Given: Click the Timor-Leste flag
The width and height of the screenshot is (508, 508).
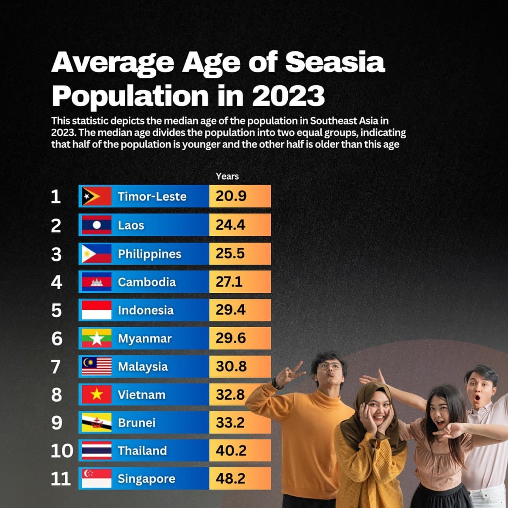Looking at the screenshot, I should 97,196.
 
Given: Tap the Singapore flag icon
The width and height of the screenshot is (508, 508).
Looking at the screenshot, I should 97,478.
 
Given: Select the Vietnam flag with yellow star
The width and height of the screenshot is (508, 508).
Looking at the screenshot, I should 97,395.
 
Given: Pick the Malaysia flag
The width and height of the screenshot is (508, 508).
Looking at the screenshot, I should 97,367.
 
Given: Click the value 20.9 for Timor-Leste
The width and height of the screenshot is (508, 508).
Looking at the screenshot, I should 231,196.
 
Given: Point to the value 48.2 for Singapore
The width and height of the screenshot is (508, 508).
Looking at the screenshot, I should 231,478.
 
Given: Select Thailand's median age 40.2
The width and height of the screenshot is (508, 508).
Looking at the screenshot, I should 231,450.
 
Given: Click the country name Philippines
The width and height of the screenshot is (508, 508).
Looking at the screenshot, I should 149,254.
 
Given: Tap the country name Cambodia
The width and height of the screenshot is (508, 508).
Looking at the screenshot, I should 146,282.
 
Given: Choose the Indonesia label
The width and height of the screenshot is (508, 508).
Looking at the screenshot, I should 146,310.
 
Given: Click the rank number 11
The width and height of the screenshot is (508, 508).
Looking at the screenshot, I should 61,479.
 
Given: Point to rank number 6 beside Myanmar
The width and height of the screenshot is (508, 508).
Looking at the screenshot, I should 57,339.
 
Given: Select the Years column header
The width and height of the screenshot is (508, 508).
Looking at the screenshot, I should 227,176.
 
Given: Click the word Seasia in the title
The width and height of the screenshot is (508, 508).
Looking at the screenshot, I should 334,63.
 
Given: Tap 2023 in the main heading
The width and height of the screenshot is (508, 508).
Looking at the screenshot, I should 288,96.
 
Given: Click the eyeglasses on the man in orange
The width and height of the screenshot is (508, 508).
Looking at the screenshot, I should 326,366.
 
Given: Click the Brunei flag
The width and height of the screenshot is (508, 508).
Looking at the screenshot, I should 97,422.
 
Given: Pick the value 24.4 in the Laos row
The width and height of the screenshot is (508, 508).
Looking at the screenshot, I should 231,225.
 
